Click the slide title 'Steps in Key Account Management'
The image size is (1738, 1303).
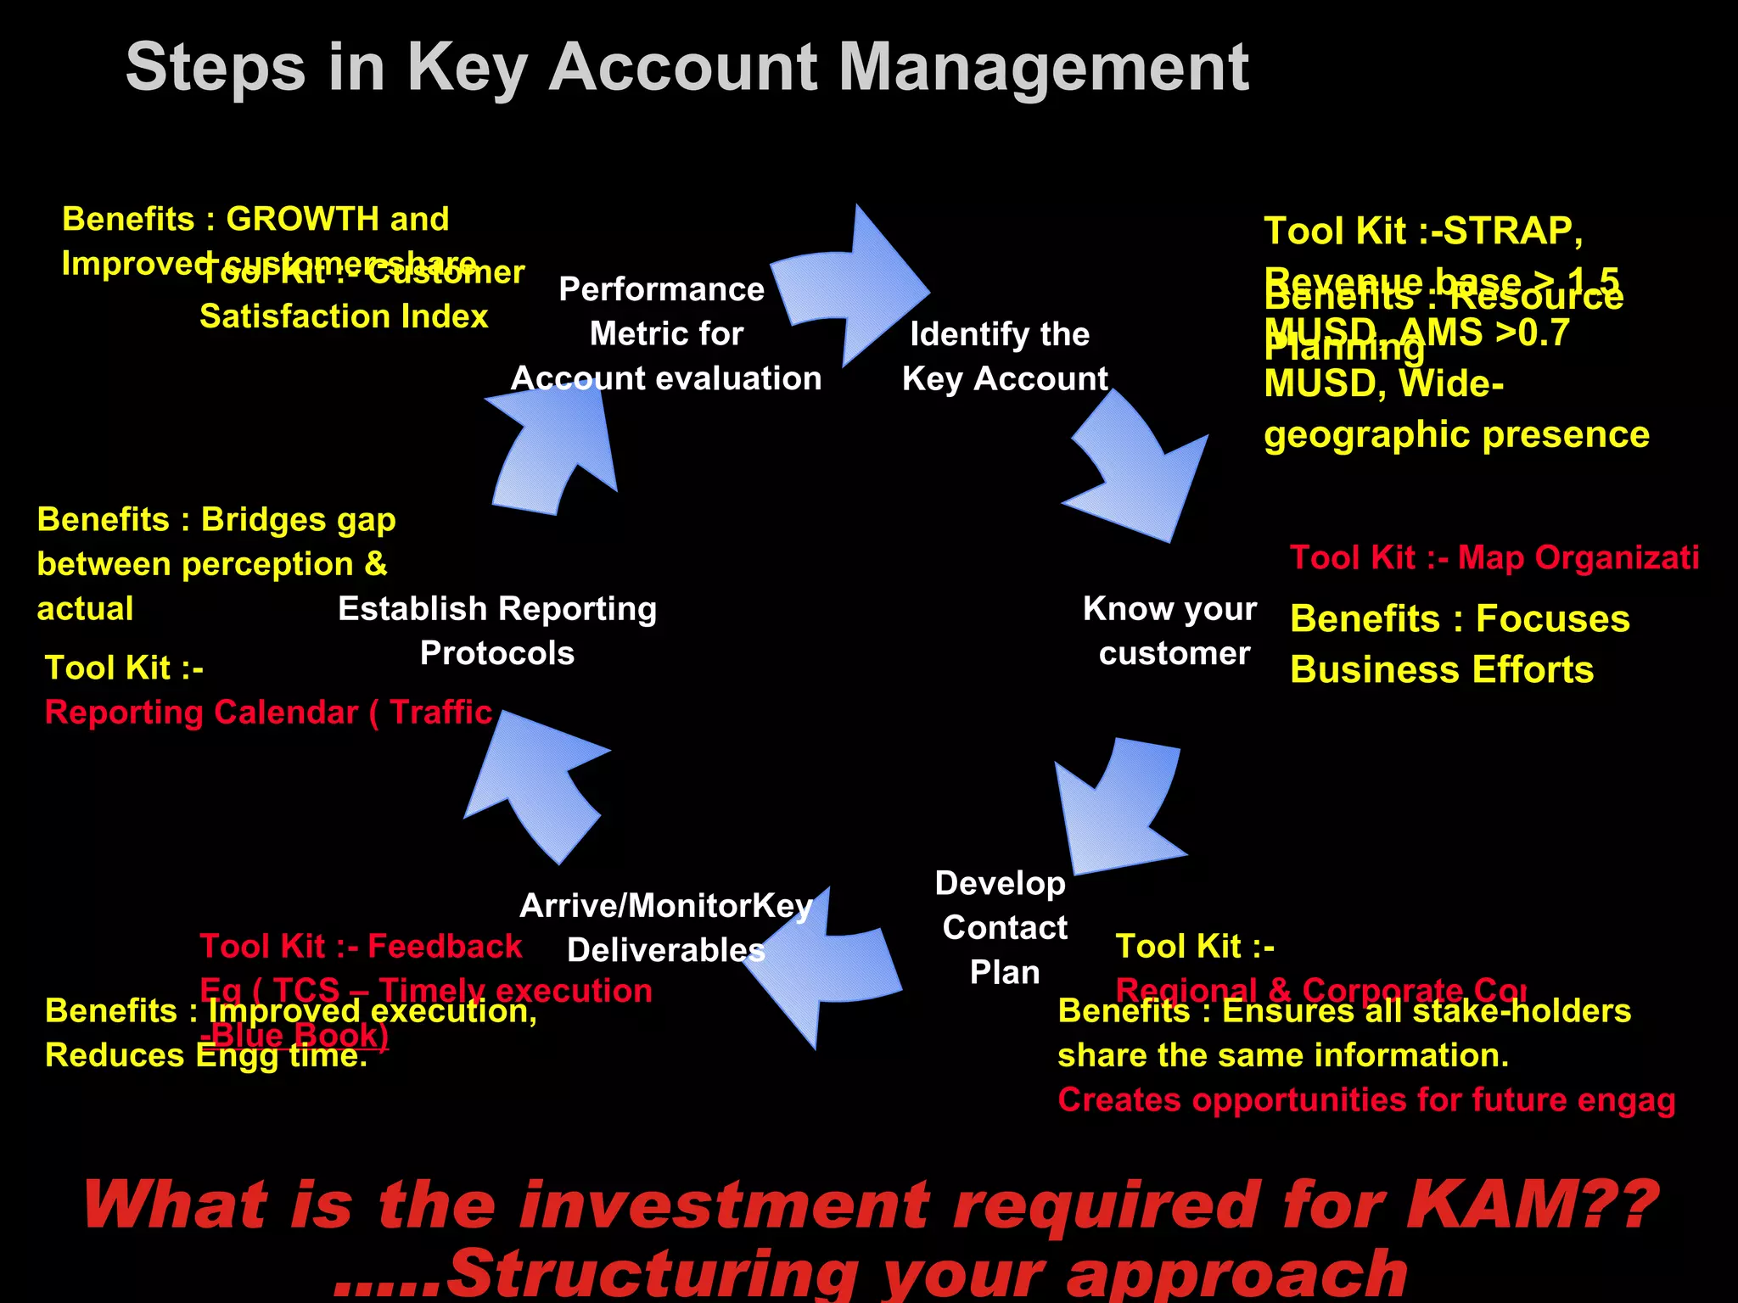(687, 68)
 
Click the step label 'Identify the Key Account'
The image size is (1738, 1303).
(1004, 356)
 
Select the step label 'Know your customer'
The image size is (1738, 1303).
(1171, 631)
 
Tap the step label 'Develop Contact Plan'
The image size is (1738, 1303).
(1003, 927)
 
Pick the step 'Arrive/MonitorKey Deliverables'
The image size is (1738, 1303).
(665, 928)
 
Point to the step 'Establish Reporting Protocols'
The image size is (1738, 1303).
(497, 631)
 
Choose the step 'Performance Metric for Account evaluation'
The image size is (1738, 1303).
(665, 334)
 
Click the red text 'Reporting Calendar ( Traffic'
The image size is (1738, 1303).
(268, 713)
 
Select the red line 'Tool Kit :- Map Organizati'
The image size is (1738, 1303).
(1494, 558)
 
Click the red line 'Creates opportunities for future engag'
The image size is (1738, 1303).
(1366, 1100)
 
